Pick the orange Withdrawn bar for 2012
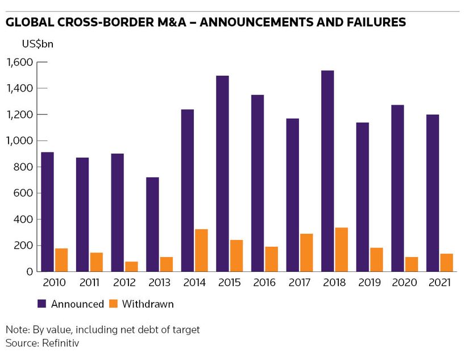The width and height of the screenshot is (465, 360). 131,266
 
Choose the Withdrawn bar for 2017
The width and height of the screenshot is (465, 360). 306,253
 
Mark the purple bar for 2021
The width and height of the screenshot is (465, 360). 432,193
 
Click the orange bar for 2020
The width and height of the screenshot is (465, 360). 411,264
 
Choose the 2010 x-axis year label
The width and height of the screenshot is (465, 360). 54,283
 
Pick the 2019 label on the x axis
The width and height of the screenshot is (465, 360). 369,283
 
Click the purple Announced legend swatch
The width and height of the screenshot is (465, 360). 43,304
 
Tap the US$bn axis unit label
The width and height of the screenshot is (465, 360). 38,43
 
